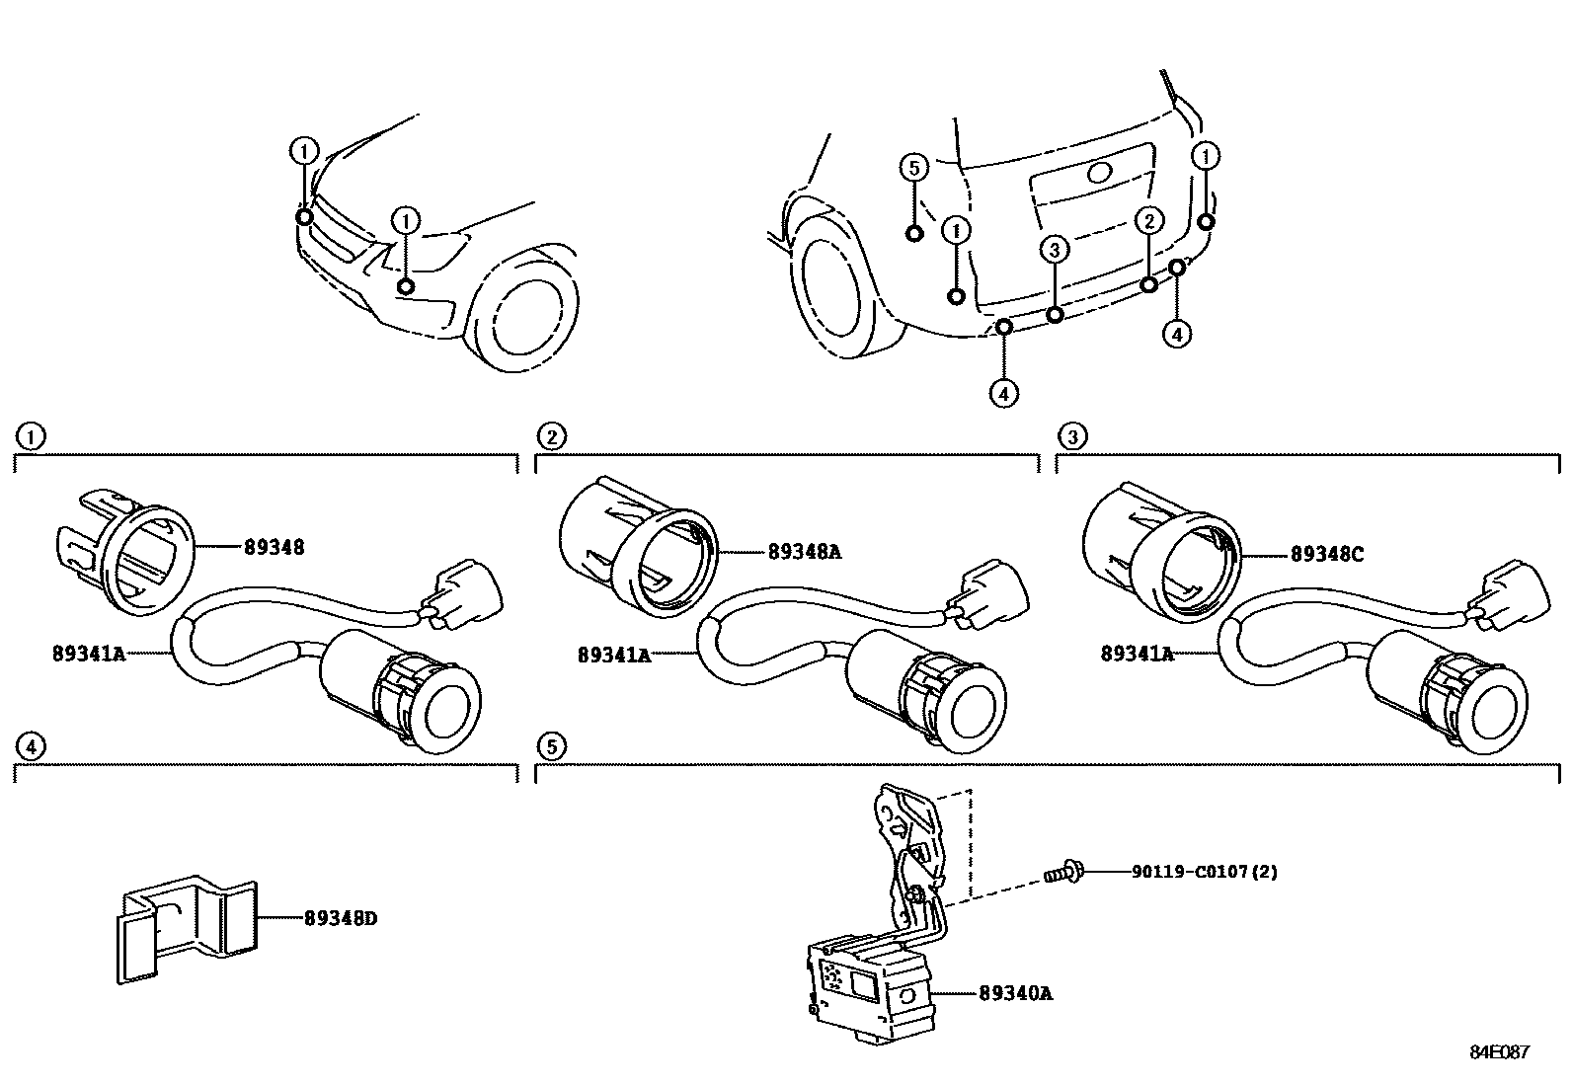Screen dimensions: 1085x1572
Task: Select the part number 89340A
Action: click(x=1015, y=994)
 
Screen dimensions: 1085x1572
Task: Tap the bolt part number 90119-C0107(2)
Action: click(x=1205, y=872)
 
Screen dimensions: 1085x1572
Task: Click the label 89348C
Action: click(x=1326, y=555)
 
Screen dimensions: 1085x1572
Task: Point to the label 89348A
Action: click(x=804, y=552)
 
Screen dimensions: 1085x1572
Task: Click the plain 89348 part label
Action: click(x=275, y=546)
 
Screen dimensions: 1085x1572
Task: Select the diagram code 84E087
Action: click(x=1498, y=1052)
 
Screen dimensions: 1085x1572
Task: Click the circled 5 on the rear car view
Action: click(x=914, y=168)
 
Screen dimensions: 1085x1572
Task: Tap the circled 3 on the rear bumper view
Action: click(x=1055, y=250)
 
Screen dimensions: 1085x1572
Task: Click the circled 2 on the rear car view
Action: click(x=1148, y=220)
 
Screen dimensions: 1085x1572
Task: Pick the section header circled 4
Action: click(x=31, y=745)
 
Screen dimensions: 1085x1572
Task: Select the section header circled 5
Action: click(x=552, y=745)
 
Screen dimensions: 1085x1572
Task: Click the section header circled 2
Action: click(x=552, y=435)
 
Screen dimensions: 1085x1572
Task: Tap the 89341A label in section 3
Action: click(x=1137, y=653)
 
